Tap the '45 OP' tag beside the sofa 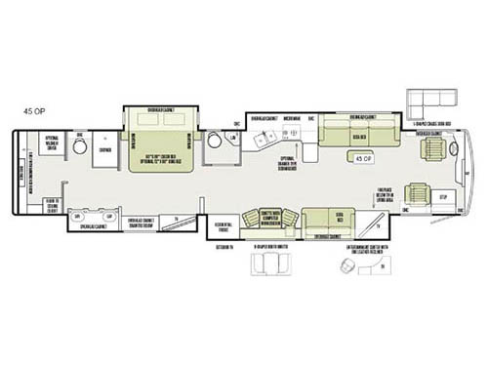(364, 157)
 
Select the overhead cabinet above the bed (161, 110)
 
